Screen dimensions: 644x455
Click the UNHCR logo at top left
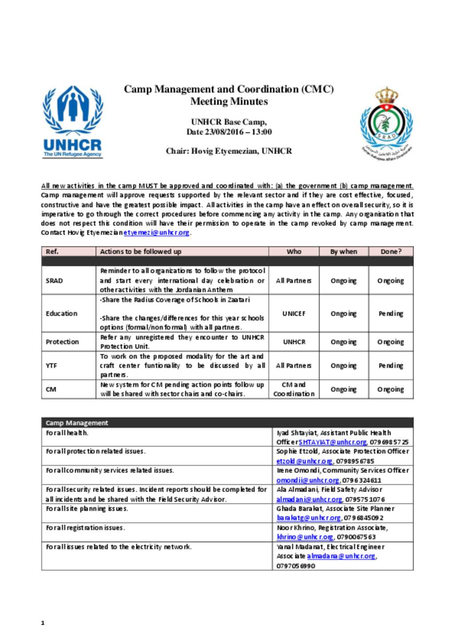click(73, 122)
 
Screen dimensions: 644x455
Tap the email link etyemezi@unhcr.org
click(156, 232)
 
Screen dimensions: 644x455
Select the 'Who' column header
click(294, 252)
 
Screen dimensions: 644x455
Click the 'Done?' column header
click(391, 252)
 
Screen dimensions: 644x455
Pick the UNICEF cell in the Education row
click(294, 313)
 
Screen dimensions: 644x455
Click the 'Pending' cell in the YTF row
click(391, 365)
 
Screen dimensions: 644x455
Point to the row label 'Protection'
click(62, 342)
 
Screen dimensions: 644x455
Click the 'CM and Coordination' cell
click(294, 389)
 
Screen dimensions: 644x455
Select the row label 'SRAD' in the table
click(54, 280)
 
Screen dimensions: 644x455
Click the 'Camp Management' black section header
click(77, 423)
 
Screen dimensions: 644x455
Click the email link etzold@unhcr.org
click(304, 461)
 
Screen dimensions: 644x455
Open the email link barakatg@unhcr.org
click(308, 518)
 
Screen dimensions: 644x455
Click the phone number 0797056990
click(296, 566)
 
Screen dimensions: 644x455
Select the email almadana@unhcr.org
click(341, 556)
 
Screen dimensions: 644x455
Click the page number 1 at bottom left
click(43, 623)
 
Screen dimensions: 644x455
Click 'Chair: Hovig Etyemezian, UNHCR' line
click(228, 151)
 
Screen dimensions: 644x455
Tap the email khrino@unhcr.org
click(304, 537)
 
